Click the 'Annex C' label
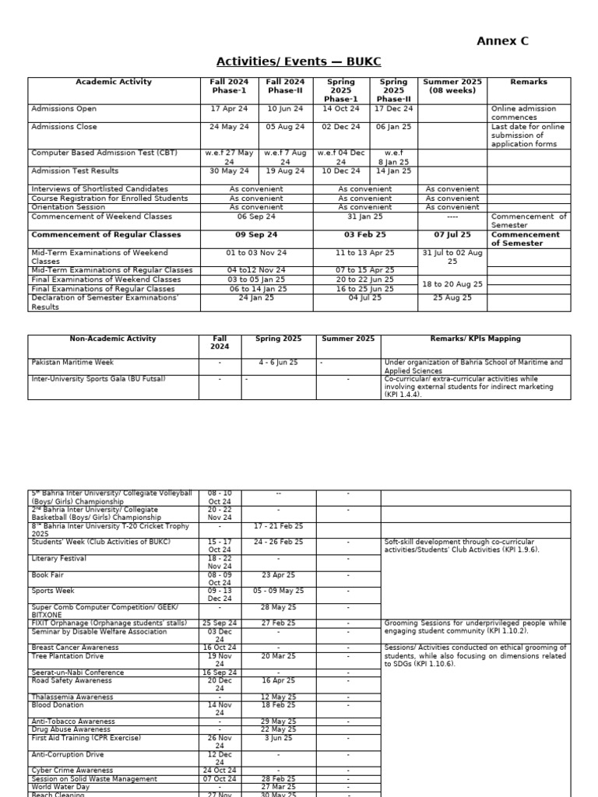[x=502, y=41]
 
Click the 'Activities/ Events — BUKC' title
[x=298, y=62]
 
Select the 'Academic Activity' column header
[x=114, y=82]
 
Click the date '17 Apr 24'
[x=229, y=109]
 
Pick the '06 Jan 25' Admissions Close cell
[x=393, y=127]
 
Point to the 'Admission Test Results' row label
[x=75, y=171]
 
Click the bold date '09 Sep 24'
[x=256, y=234]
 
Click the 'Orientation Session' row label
[x=68, y=207]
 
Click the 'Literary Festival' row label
[x=58, y=559]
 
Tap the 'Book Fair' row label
[x=48, y=575]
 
